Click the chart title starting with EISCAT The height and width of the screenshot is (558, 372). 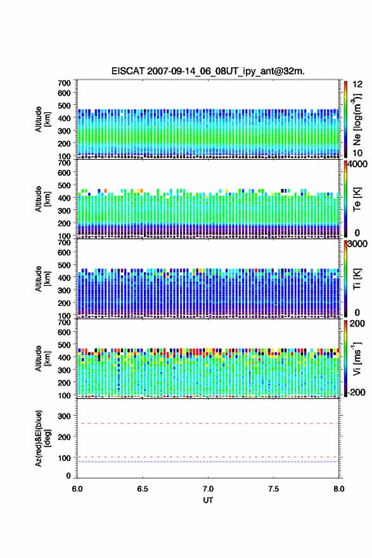[208, 71]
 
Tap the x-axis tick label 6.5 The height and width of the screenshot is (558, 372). [143, 489]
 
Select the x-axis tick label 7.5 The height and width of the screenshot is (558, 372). [274, 489]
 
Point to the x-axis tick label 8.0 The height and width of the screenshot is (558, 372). [339, 489]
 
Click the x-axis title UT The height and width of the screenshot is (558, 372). [208, 500]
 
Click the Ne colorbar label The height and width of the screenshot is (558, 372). [357, 119]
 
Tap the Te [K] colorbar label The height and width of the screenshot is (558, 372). [357, 200]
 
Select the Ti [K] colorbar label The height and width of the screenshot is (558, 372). [357, 279]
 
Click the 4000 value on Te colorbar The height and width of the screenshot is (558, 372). [357, 165]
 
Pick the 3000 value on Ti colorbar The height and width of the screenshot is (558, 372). [357, 244]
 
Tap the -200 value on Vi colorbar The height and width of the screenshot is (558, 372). [357, 392]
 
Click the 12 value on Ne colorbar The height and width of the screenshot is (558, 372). [357, 84]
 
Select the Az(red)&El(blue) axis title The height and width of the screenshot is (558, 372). [42, 438]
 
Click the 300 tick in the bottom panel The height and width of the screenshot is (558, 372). [65, 416]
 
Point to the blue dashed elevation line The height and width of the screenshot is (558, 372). [208, 462]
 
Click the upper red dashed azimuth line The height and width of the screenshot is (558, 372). [208, 424]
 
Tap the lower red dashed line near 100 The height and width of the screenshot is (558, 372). [208, 457]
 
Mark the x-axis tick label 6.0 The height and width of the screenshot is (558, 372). [77, 489]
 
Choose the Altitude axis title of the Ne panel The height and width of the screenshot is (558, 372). [42, 119]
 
